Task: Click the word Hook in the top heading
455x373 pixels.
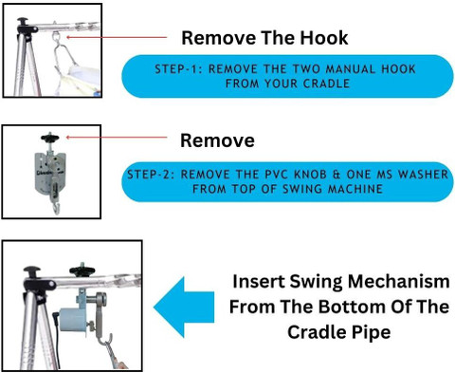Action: coord(324,38)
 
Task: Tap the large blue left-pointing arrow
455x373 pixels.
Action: coord(184,308)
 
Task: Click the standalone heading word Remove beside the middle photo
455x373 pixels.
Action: coord(217,140)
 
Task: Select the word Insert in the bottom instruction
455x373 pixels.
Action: coord(259,281)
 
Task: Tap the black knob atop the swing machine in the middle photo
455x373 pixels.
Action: coord(50,138)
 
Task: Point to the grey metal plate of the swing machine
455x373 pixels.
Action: coord(50,174)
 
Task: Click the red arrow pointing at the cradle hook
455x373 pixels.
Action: coord(117,37)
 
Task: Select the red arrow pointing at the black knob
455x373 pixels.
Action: coord(117,138)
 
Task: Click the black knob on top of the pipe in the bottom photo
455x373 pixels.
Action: coord(82,270)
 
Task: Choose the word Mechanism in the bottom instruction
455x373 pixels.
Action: coord(398,281)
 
